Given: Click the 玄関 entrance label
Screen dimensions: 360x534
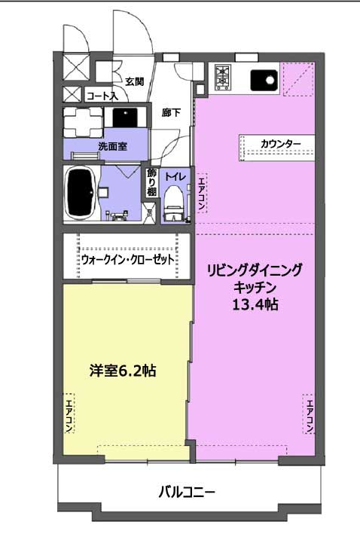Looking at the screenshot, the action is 135,82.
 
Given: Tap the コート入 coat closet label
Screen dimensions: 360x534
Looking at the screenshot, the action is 102,96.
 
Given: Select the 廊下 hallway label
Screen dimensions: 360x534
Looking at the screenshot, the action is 171,112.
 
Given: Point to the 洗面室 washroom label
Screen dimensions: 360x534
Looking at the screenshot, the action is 113,146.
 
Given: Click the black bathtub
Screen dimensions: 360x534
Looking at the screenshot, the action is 81,194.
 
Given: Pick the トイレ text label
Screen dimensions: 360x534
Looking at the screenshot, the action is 175,177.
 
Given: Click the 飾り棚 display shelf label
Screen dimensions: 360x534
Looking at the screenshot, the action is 151,183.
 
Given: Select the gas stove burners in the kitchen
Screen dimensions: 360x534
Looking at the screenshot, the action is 222,77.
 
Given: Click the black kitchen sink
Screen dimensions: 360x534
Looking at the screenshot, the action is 264,81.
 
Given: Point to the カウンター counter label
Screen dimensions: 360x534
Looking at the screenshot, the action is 281,143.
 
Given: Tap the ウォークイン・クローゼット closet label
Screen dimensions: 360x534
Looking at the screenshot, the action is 128,260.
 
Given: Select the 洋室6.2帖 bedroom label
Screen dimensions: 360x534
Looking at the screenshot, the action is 123,371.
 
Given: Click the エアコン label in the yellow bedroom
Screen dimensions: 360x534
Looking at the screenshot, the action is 69,413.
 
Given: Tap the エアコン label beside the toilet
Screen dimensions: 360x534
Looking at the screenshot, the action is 201,194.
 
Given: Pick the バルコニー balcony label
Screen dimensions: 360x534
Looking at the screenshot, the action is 187,492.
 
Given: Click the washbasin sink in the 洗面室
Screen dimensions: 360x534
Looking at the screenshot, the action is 125,117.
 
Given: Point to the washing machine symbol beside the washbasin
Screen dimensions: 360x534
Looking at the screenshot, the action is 83,122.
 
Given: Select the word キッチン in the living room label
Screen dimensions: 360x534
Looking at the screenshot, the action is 255,288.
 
